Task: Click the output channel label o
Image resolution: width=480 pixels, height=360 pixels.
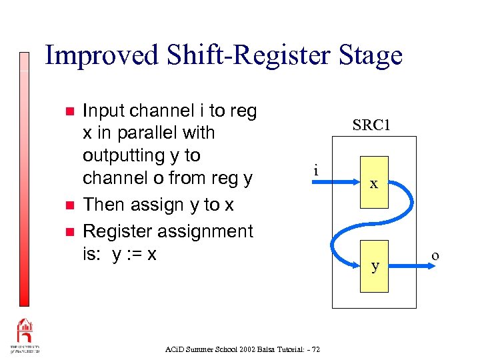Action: (435, 255)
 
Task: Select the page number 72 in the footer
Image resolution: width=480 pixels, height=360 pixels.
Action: (315, 349)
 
